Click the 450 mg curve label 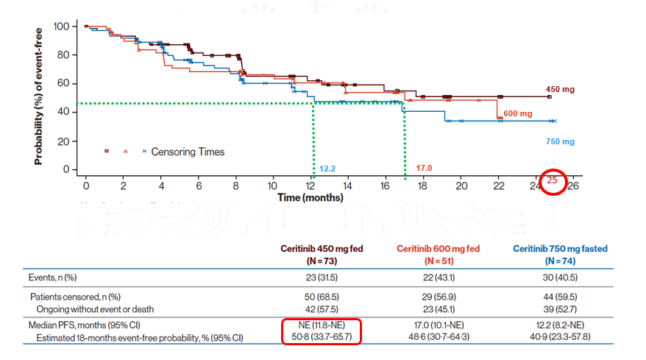(560, 89)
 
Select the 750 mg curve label (560, 141)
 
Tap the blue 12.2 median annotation (328, 169)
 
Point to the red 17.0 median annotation (424, 168)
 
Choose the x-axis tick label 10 (273, 186)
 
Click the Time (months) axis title (310, 197)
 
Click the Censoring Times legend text (188, 152)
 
